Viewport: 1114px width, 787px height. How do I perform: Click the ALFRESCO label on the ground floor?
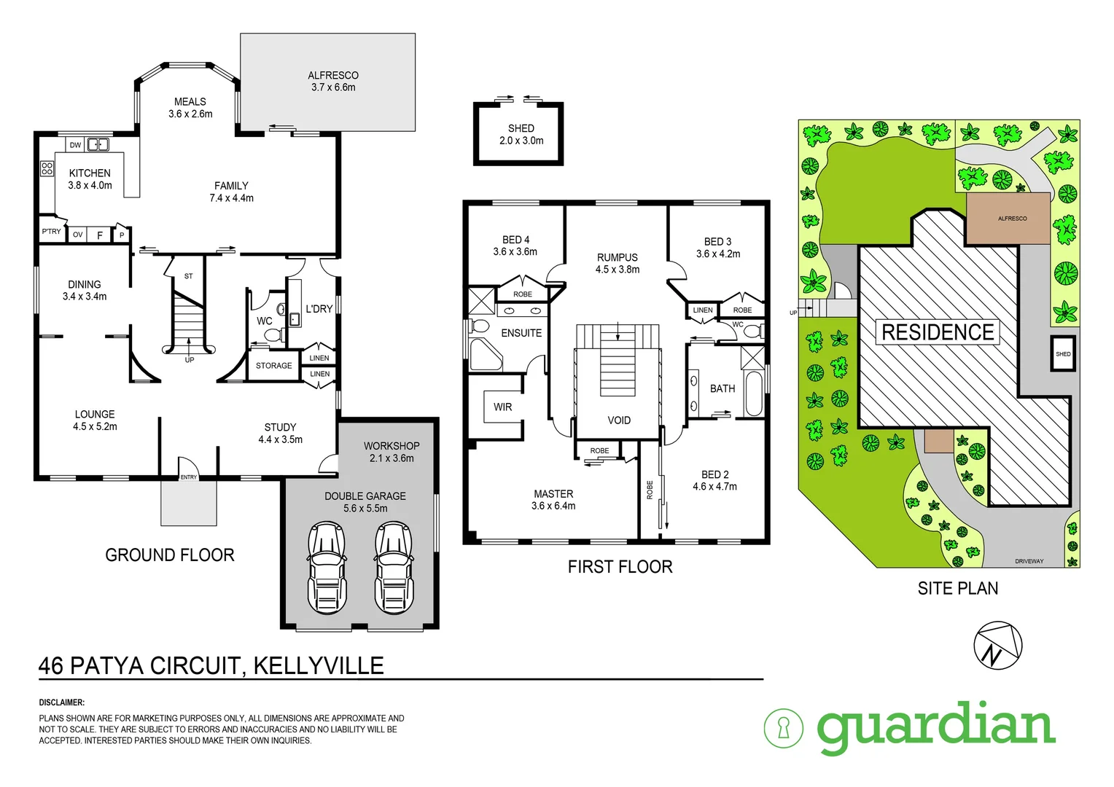click(x=333, y=75)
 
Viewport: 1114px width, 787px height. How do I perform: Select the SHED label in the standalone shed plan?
click(x=521, y=128)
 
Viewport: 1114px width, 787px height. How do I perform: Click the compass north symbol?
click(x=997, y=645)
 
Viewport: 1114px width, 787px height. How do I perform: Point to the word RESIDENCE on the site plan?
click(x=938, y=332)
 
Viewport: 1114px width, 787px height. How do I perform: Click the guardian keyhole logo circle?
click(x=784, y=727)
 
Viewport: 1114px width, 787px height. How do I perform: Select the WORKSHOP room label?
click(x=392, y=446)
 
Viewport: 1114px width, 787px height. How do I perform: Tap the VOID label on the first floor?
click(x=619, y=420)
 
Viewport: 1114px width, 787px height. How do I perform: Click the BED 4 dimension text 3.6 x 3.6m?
click(x=515, y=252)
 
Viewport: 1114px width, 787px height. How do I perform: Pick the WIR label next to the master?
click(x=502, y=407)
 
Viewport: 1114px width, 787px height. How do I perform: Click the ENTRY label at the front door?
click(x=189, y=477)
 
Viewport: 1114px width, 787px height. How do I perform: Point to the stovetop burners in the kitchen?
click(x=47, y=168)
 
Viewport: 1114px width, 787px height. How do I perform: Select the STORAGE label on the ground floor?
click(x=273, y=366)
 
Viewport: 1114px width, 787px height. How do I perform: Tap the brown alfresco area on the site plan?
click(x=1011, y=218)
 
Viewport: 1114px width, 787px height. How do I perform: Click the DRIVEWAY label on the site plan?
click(x=1029, y=561)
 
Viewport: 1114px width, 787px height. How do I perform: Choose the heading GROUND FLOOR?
click(x=170, y=555)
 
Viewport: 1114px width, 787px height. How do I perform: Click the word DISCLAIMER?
click(x=62, y=702)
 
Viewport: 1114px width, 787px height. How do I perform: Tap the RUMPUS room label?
click(x=617, y=257)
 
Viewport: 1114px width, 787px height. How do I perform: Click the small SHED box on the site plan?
click(x=1063, y=354)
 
